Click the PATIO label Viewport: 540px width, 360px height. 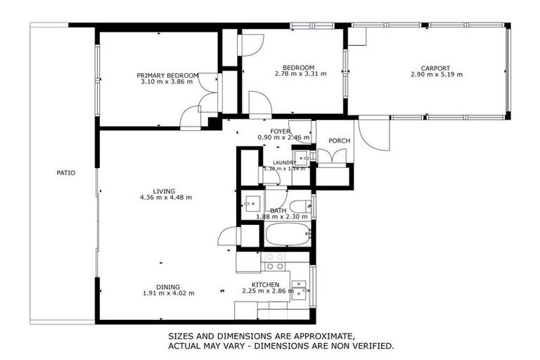tap(66, 172)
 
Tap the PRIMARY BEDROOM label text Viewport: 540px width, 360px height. tap(167, 75)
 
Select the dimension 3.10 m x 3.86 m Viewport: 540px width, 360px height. tap(167, 82)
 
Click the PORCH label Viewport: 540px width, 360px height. tap(339, 141)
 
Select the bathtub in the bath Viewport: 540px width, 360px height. tap(287, 236)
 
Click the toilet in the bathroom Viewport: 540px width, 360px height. tap(300, 206)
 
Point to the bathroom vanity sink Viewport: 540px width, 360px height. tap(251, 205)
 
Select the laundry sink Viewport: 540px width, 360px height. tap(301, 157)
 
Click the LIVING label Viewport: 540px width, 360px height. tap(164, 191)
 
